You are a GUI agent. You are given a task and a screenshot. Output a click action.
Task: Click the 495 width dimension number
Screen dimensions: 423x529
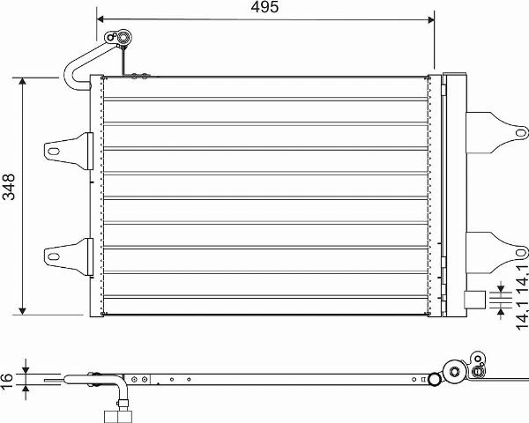tap(264, 8)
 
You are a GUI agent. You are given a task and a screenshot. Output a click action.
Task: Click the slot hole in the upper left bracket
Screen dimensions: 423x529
tap(54, 150)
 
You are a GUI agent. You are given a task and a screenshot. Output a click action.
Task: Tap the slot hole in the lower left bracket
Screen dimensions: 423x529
tap(54, 256)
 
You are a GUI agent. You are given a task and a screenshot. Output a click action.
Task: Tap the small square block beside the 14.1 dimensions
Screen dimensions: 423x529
tap(474, 300)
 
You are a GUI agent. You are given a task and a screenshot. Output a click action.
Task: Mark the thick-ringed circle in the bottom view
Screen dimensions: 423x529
tap(433, 380)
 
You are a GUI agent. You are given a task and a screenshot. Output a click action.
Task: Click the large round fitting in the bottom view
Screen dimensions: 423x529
tap(454, 370)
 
